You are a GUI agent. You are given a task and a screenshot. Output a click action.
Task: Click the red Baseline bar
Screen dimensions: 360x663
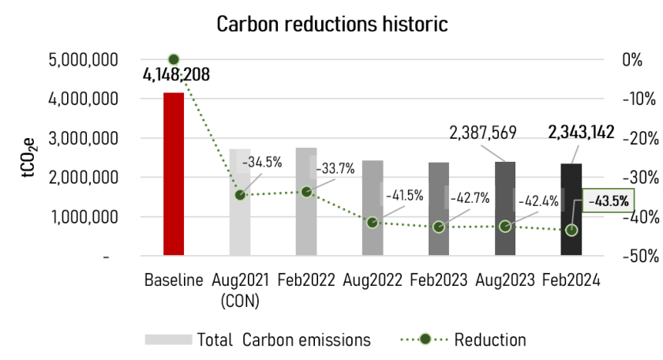[x=174, y=174]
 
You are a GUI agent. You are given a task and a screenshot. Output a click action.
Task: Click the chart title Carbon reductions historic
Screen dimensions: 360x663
[x=332, y=24]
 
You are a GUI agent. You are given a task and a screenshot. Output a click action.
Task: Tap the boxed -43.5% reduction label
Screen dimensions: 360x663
[x=608, y=201]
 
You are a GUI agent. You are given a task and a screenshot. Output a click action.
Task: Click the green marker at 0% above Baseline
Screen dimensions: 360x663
[x=174, y=59]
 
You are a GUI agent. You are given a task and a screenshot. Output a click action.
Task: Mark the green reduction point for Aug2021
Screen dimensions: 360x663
[x=240, y=195]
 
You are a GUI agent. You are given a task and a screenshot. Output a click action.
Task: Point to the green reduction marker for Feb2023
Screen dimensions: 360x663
[x=439, y=227]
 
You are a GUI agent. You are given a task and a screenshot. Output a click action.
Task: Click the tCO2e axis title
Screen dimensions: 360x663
[x=28, y=158]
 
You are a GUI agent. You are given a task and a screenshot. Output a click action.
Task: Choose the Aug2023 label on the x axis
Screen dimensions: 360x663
[x=505, y=280]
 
